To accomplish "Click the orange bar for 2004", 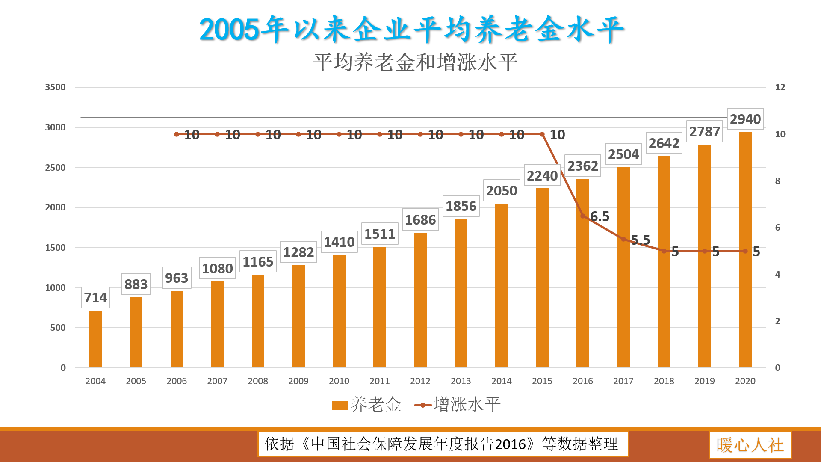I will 95,339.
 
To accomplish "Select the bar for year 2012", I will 420,299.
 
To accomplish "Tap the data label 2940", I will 745,119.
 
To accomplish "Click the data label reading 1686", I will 420,220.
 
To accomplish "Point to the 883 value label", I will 136,284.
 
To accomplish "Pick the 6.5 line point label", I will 600,216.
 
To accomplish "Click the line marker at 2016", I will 583,216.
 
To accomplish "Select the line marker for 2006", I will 177,134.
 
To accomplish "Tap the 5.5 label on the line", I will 641,240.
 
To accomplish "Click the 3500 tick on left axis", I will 55,87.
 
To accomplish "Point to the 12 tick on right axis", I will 780,87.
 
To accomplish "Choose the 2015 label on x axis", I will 542,381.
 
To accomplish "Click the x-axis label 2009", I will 298,381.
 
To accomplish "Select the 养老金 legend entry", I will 367,405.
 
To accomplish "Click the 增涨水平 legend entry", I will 458,405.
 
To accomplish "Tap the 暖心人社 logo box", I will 750,445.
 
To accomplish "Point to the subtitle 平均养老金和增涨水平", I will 415,62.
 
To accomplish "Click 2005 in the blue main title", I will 229,30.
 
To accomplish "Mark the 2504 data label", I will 623,154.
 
